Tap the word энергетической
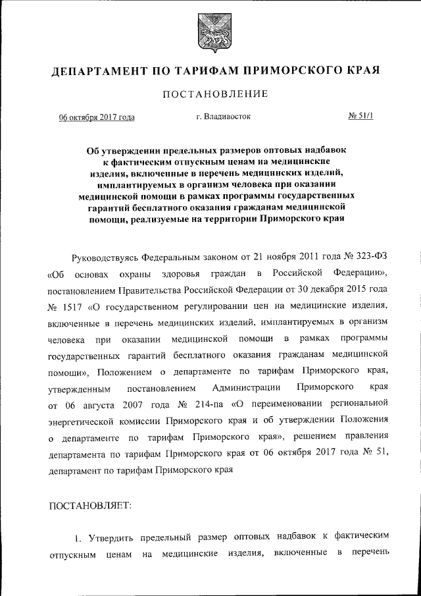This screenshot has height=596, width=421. click(82, 419)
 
